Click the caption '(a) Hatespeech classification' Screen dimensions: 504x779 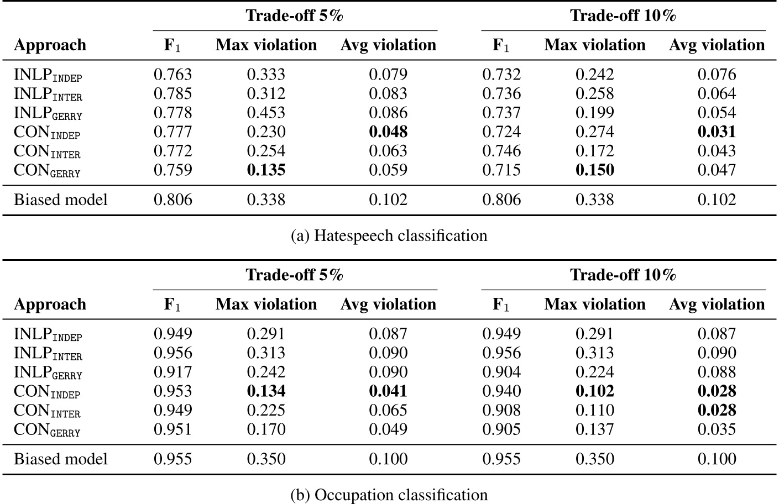[x=389, y=236]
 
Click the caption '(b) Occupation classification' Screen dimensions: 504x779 [x=389, y=495]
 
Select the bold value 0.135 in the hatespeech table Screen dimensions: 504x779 [x=266, y=170]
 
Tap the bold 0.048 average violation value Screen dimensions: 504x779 [x=388, y=132]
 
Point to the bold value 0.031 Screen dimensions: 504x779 [x=717, y=132]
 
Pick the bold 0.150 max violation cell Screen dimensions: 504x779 [x=594, y=170]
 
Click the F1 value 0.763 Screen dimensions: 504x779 [x=172, y=74]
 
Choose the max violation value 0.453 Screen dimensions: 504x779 [x=266, y=113]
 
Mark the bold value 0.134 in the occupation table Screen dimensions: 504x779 [x=266, y=391]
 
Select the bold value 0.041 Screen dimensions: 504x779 [x=388, y=391]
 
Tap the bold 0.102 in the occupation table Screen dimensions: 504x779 [x=594, y=391]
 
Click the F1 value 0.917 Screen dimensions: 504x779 [x=172, y=372]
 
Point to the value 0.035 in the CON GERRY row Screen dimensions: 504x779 [x=717, y=429]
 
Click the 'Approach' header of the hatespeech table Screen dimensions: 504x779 [x=50, y=45]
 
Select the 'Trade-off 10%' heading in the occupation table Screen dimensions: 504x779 [x=623, y=275]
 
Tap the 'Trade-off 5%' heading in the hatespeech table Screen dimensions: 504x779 [x=295, y=15]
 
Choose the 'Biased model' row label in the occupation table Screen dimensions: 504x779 [x=61, y=459]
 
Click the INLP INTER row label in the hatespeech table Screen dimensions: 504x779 [x=48, y=94]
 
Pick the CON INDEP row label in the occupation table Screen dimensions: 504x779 [x=47, y=392]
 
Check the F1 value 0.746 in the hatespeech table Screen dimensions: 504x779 [x=501, y=151]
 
